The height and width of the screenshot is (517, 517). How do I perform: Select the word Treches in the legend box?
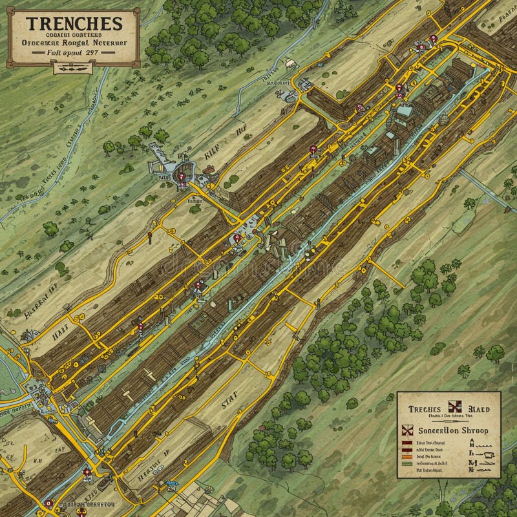point(424,408)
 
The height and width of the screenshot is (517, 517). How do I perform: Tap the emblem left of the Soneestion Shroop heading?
point(406,430)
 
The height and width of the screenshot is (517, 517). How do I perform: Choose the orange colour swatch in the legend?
point(407,455)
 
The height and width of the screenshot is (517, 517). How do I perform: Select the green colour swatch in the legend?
point(407,463)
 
